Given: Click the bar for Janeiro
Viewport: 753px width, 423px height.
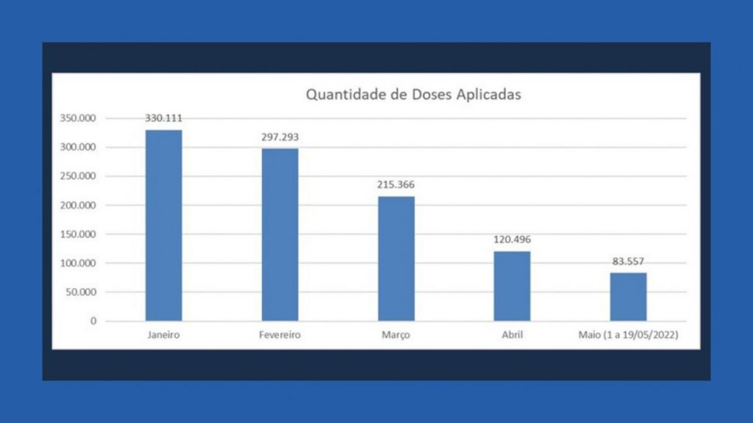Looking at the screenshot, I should (x=163, y=225).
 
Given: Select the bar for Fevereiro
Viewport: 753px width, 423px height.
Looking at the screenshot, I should (x=280, y=235).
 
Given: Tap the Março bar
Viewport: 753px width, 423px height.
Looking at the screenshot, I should (x=396, y=258).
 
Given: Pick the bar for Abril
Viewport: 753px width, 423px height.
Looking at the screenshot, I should (x=512, y=286).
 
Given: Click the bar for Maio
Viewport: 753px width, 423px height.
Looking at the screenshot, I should (x=628, y=297).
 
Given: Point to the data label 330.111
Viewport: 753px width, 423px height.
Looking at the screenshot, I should (x=163, y=117).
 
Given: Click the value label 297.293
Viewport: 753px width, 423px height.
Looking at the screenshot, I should (x=280, y=137).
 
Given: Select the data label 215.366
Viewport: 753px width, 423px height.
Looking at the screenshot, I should (x=396, y=184).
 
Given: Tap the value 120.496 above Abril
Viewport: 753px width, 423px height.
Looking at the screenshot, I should (x=512, y=239).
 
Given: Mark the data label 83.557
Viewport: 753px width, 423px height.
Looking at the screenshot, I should (x=628, y=261).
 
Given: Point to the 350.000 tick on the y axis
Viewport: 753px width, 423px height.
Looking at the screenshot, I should (x=79, y=118).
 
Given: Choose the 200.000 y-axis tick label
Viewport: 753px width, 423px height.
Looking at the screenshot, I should (x=79, y=206).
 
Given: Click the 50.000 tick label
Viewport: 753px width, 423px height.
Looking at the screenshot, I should (x=82, y=292).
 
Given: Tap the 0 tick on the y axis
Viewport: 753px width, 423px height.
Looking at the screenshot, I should (x=93, y=321).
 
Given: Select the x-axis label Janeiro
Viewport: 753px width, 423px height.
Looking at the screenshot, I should (x=163, y=335).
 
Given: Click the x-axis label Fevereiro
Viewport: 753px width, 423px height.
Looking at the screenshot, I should (x=280, y=335).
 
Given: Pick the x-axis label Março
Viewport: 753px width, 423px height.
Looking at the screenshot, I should (x=396, y=335).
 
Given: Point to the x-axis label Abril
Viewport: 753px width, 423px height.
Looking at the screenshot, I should (x=512, y=335).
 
